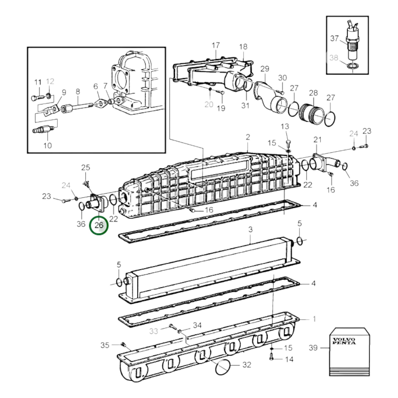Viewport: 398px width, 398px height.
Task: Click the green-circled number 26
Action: [x=99, y=225]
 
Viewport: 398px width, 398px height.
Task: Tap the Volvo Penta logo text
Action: [x=344, y=341]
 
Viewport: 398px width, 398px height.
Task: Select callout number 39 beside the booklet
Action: [x=313, y=348]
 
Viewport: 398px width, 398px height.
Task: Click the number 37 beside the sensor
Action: [x=334, y=38]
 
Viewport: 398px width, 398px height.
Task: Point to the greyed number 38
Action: [x=334, y=58]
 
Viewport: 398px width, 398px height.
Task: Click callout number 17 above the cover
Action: [x=216, y=45]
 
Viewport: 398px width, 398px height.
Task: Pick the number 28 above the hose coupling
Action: [x=313, y=93]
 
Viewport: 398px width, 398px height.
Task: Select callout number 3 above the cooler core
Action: [x=250, y=229]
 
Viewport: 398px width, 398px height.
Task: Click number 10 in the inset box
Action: [x=47, y=145]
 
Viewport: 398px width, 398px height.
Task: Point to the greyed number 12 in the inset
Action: [x=50, y=82]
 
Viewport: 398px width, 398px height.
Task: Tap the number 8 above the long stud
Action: [x=78, y=91]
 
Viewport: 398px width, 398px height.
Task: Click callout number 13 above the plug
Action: [x=285, y=126]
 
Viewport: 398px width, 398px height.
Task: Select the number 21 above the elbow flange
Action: [x=317, y=140]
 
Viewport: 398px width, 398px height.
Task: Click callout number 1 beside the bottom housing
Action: [x=314, y=319]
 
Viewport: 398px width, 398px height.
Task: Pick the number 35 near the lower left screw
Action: [x=105, y=345]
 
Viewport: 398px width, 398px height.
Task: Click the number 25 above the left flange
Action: [x=86, y=167]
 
